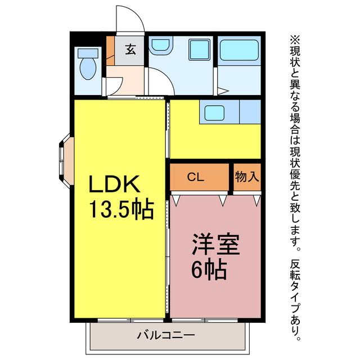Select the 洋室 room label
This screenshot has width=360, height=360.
(216, 246)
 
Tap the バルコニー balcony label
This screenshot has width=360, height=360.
(165, 336)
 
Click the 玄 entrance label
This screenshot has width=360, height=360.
(130, 49)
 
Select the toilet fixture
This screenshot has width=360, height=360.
(88, 65)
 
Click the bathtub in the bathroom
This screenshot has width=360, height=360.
(238, 50)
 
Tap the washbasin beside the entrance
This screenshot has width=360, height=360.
(161, 46)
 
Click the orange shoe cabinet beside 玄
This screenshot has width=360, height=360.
(110, 49)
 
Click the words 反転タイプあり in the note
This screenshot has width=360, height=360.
(296, 298)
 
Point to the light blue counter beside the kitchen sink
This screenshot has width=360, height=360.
(249, 112)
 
